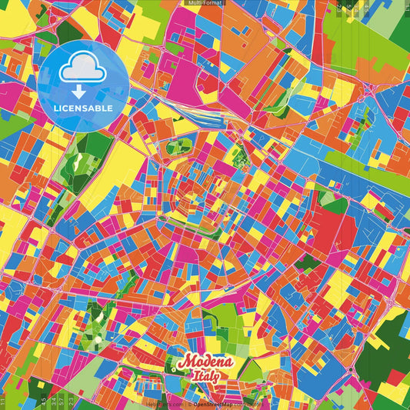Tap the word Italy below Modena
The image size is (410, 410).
[204, 377]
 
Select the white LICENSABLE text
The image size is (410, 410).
[83, 108]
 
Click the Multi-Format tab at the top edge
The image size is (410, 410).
[205, 4]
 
